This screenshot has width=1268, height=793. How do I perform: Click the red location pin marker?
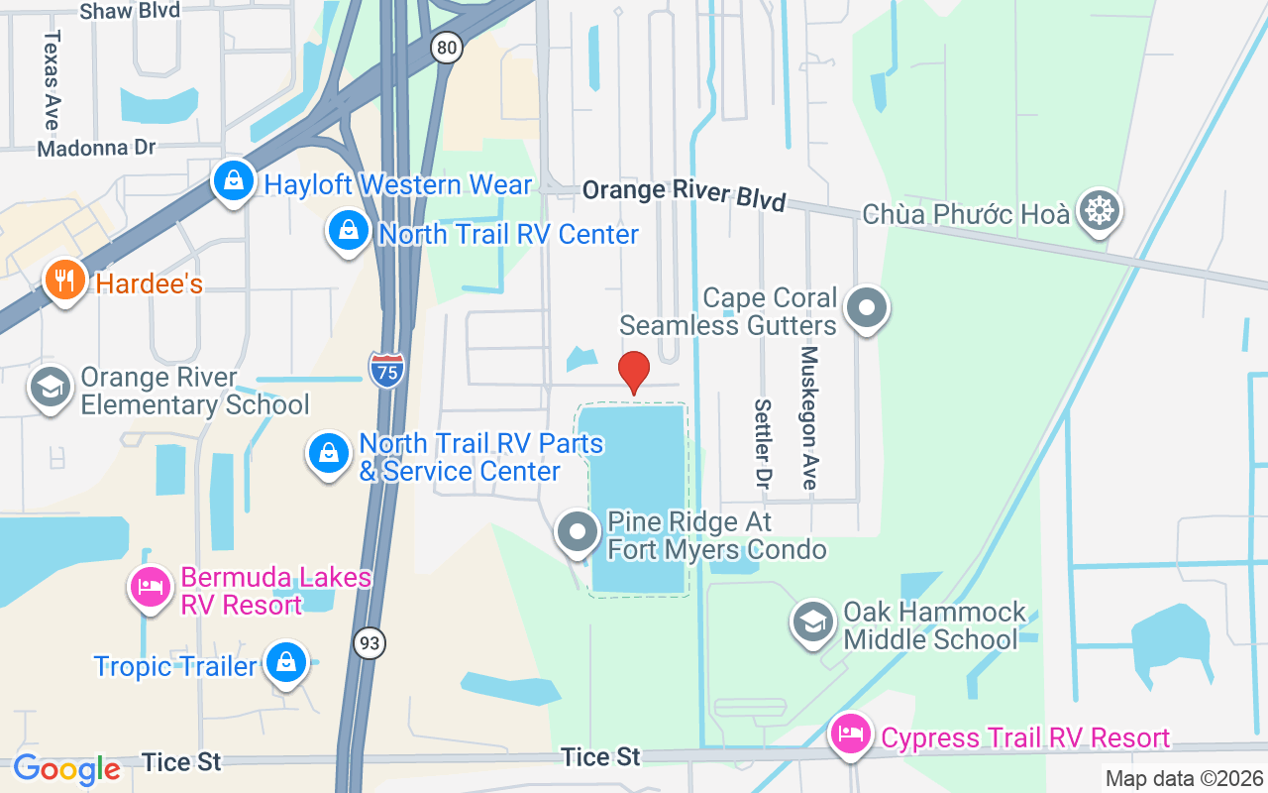(633, 373)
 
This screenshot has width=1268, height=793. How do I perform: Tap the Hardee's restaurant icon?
(65, 282)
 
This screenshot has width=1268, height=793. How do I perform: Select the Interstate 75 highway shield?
(386, 370)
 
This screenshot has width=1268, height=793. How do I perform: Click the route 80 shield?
(447, 46)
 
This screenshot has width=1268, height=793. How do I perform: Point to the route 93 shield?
(369, 643)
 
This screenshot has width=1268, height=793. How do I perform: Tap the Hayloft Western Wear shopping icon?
(233, 182)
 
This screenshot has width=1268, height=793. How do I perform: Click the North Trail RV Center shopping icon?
(348, 232)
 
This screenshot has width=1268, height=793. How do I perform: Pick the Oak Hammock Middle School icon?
(813, 623)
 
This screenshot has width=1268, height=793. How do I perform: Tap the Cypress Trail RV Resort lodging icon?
(851, 736)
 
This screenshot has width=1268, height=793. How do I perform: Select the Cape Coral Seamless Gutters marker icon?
(868, 308)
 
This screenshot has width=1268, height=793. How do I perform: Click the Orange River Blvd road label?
(684, 195)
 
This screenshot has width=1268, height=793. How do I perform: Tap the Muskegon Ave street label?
(809, 417)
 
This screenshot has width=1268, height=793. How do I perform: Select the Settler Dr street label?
(762, 444)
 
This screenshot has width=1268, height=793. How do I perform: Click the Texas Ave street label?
(52, 79)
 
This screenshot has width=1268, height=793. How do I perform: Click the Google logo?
(66, 768)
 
